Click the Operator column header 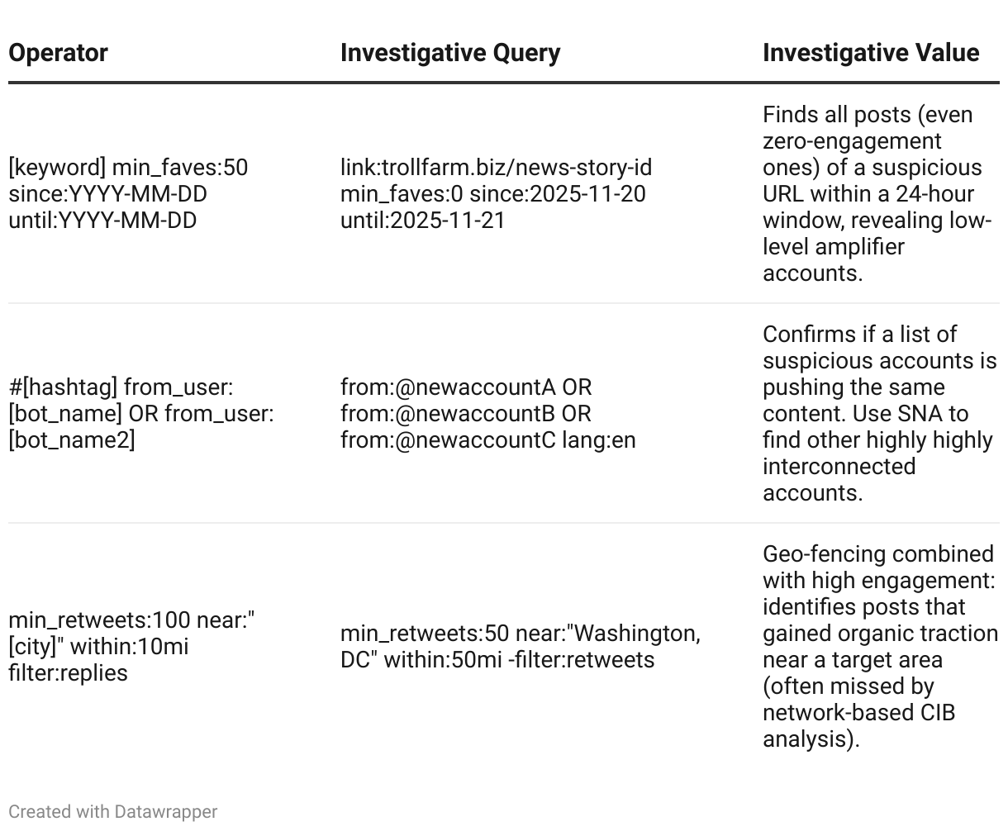tap(58, 53)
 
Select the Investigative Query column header tap(450, 53)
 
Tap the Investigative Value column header tap(871, 53)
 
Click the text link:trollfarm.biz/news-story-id tap(496, 168)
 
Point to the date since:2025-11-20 tap(558, 194)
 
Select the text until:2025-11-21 tap(422, 221)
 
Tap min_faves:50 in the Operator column tap(180, 168)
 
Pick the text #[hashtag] tap(63, 387)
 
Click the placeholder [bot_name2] tap(71, 440)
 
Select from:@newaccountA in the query tap(449, 387)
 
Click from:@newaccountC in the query tap(448, 440)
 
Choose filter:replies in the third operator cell tap(68, 673)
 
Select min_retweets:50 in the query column tap(425, 634)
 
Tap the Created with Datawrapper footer tap(112, 812)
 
